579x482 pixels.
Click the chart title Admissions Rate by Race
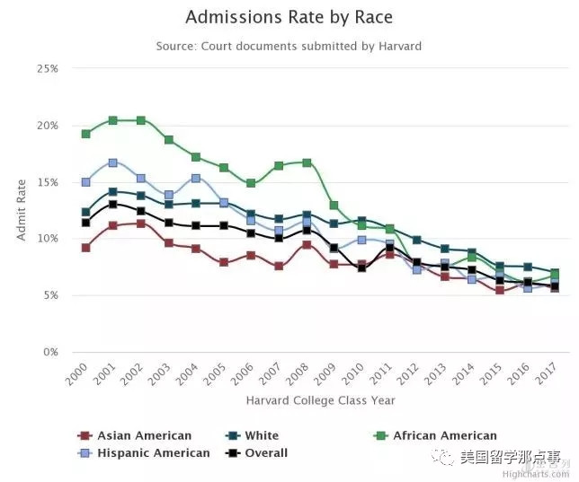coord(289,17)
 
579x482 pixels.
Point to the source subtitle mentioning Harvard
coord(289,46)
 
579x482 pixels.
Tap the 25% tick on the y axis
coord(47,69)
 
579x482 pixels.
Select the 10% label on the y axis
coord(47,239)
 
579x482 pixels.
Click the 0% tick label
coord(49,352)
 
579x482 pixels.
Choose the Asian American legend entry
coord(144,435)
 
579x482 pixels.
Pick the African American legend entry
coord(444,435)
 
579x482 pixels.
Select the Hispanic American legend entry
coord(154,453)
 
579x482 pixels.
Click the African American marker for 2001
coord(113,120)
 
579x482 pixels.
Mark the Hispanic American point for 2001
coord(113,162)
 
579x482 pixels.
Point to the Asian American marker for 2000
coord(85,247)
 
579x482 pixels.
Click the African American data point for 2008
coord(307,162)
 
